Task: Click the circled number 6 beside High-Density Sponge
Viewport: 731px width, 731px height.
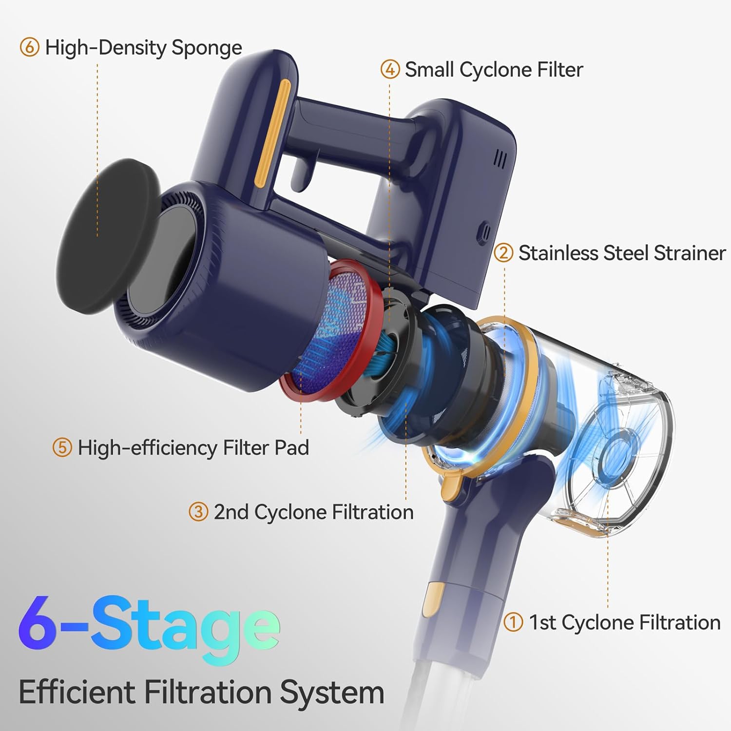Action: pos(29,48)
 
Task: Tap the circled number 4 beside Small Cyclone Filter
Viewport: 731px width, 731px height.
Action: pos(390,70)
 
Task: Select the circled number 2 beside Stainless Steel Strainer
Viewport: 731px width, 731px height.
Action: pos(503,253)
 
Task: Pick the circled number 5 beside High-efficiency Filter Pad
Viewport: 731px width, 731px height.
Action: pos(62,447)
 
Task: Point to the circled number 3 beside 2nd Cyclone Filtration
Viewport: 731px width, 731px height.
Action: pos(198,512)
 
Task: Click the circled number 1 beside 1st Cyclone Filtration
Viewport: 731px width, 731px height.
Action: pos(513,622)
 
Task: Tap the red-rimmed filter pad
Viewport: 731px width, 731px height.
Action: pos(331,331)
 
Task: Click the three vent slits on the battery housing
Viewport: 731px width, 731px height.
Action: pos(500,159)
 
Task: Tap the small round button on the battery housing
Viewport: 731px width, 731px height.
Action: pos(485,231)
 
